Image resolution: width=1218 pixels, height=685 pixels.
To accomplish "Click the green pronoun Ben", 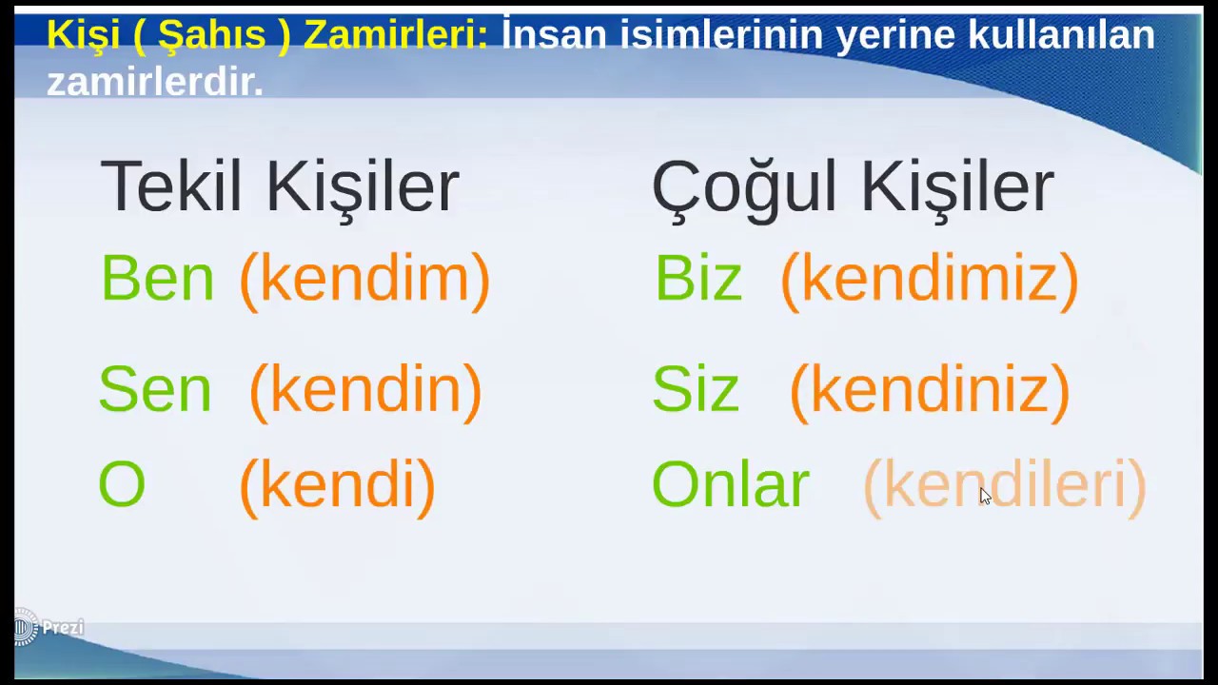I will point(157,279).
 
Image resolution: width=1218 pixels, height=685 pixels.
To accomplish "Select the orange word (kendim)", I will point(364,280).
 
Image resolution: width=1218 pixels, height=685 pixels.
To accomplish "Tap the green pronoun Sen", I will point(155,390).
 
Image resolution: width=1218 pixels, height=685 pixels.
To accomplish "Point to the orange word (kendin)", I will point(365,390).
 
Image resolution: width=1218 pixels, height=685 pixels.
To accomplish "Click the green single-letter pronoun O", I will point(122,485).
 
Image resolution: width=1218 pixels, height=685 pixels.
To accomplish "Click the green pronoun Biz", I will point(697,280).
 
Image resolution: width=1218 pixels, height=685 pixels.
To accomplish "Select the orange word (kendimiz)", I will point(929,280).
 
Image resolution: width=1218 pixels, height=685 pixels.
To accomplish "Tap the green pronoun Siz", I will point(695,390).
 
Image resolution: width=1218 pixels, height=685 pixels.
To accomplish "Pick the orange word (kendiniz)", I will point(930,390).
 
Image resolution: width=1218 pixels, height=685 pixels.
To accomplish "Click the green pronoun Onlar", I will point(730,485).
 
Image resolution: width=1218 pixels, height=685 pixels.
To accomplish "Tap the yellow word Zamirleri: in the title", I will point(396,35).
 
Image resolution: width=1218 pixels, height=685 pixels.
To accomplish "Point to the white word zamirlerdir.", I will point(155,82).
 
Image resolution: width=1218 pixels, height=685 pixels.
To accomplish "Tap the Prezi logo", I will point(49,628).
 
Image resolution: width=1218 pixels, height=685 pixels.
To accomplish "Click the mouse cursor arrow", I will point(984,496).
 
